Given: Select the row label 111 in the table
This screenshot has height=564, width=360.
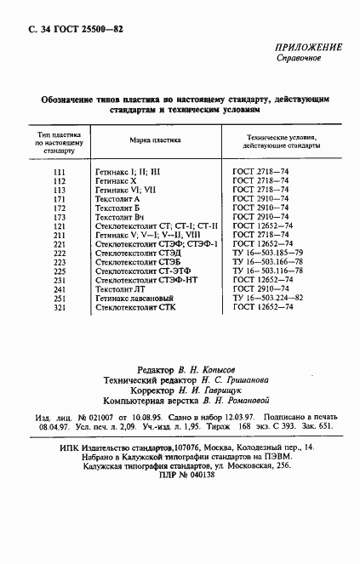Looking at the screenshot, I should (59, 172).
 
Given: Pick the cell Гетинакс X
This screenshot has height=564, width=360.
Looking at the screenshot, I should (117, 181).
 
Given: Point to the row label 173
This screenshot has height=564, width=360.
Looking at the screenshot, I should (59, 217).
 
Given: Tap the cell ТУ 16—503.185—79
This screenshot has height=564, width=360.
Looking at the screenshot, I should (267, 253).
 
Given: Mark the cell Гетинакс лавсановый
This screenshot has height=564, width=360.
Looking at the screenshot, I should (134, 298).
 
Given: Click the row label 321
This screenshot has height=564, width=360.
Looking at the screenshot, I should (59, 307).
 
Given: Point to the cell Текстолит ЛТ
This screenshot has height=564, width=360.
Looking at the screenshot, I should (120, 289).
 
